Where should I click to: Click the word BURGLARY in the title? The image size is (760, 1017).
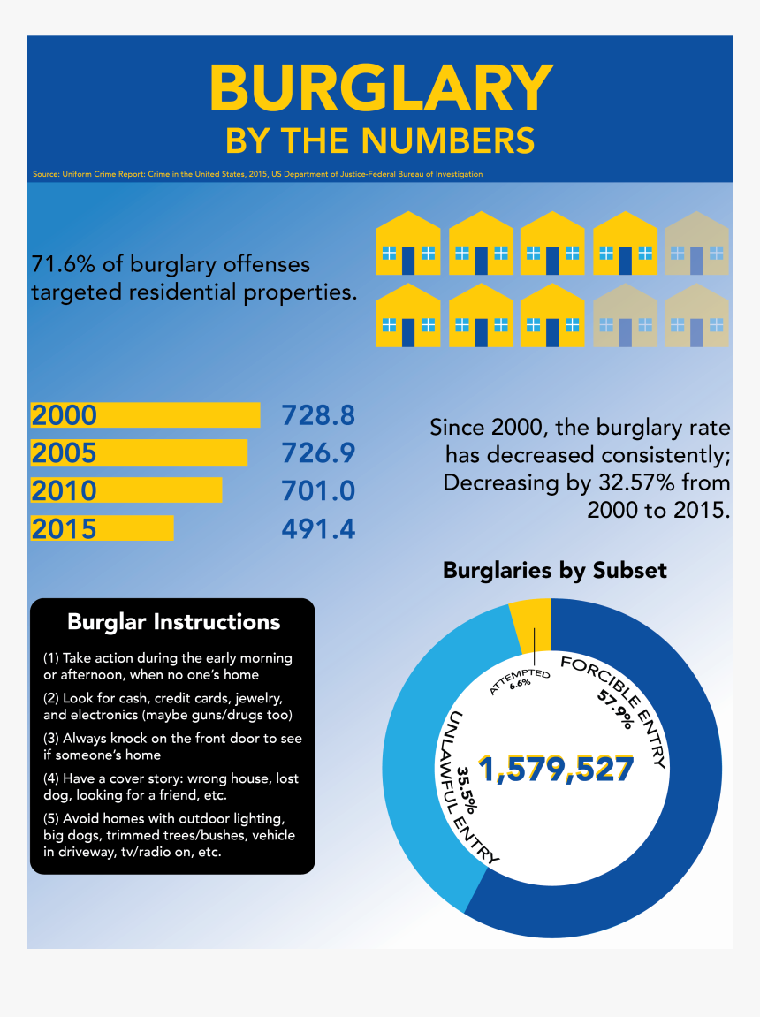(380, 88)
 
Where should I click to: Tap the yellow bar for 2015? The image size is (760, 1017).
(103, 528)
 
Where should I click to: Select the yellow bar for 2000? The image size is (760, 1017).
(146, 415)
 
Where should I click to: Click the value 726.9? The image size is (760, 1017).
(318, 453)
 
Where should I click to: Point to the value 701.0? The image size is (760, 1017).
(318, 491)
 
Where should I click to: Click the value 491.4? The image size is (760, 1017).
(318, 528)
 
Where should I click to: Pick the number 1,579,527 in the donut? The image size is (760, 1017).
(557, 770)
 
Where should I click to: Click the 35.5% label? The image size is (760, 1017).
(467, 789)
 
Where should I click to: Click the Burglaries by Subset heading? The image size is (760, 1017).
(554, 571)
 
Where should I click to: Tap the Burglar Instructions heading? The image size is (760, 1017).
(173, 622)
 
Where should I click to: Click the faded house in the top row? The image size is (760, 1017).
(696, 244)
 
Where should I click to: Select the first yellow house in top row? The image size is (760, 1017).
(408, 244)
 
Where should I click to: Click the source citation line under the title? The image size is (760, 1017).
(257, 174)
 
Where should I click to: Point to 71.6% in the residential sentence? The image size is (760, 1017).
(62, 264)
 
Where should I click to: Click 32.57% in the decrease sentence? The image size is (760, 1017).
(638, 483)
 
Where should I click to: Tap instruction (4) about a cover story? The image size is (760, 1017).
(171, 787)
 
